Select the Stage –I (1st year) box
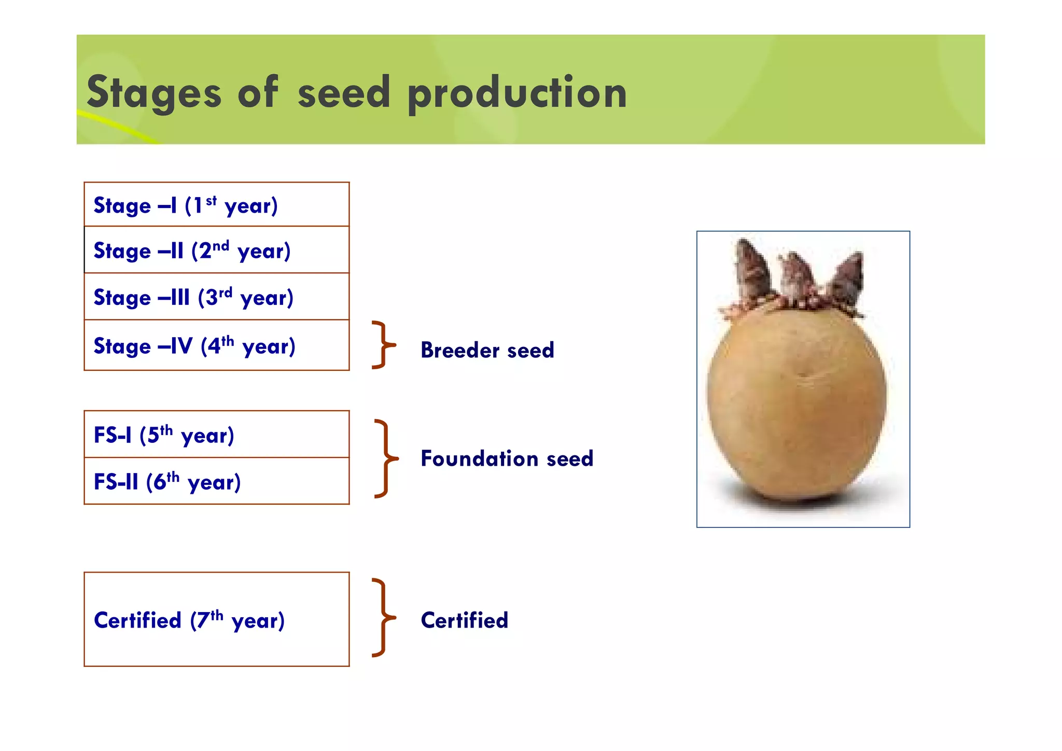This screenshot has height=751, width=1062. [216, 205]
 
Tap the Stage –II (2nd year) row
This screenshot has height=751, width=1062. [216, 250]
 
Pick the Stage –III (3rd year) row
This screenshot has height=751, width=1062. [216, 297]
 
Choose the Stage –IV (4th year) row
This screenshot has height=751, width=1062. [216, 345]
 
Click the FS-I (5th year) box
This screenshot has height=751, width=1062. [216, 435]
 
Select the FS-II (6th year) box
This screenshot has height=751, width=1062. [216, 481]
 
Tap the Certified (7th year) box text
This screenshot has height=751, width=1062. [189, 620]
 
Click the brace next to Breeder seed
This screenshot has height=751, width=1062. [383, 345]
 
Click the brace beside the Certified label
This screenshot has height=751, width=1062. [384, 618]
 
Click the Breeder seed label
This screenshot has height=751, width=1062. [487, 350]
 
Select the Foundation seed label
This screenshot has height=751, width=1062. [507, 458]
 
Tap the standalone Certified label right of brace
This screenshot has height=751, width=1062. [464, 620]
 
